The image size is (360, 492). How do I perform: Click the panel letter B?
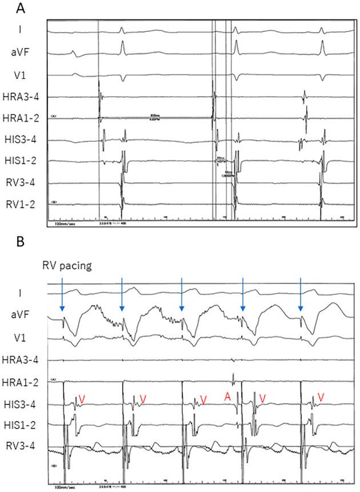(x=21, y=242)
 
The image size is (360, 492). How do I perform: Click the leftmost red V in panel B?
(x=82, y=398)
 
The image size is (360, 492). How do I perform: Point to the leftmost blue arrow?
(x=62, y=297)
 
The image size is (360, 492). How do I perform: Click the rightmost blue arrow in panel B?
(x=301, y=297)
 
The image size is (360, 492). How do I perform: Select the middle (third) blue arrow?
(x=182, y=297)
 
